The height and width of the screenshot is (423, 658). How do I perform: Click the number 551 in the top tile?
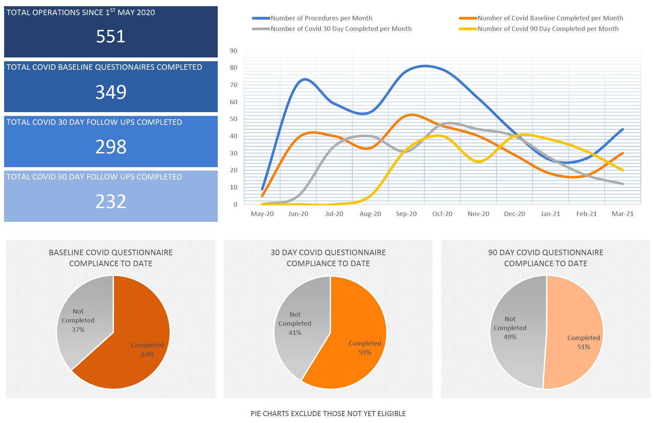(111, 36)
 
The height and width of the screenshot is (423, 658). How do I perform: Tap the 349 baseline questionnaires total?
(111, 92)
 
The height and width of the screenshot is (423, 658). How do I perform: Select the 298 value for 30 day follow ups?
(111, 147)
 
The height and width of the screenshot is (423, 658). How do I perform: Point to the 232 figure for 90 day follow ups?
(111, 201)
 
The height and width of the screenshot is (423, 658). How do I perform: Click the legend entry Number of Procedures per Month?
(312, 18)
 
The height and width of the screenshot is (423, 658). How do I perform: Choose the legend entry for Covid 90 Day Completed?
(539, 29)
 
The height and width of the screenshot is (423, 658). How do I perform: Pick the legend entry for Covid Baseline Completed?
(541, 18)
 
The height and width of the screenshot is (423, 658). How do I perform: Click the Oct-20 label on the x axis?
(442, 214)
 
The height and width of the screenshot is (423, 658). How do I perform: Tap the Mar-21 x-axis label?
(623, 214)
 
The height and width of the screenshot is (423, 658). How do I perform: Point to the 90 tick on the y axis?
(234, 51)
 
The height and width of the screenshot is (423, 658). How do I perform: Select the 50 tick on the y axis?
(234, 119)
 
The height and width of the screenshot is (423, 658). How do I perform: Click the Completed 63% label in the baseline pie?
(147, 349)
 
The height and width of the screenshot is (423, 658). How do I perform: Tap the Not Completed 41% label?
(295, 323)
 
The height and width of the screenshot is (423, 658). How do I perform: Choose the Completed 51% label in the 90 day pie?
(583, 342)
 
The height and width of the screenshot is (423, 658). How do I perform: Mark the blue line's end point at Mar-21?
(623, 129)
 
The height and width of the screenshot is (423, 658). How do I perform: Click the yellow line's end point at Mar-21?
(623, 170)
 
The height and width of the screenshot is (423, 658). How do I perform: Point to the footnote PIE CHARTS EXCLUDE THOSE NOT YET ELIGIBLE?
(328, 414)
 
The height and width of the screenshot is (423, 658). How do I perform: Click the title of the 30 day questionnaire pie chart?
(328, 258)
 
